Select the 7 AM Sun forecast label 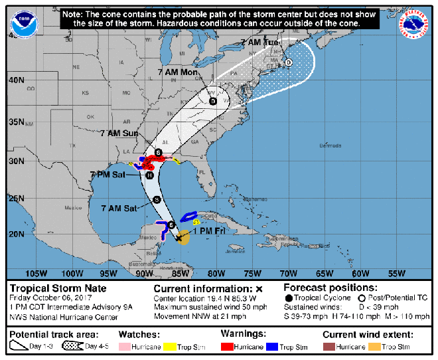119,134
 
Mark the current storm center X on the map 178,237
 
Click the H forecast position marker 150,175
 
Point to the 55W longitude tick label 396,273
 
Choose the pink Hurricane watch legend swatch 129,347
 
